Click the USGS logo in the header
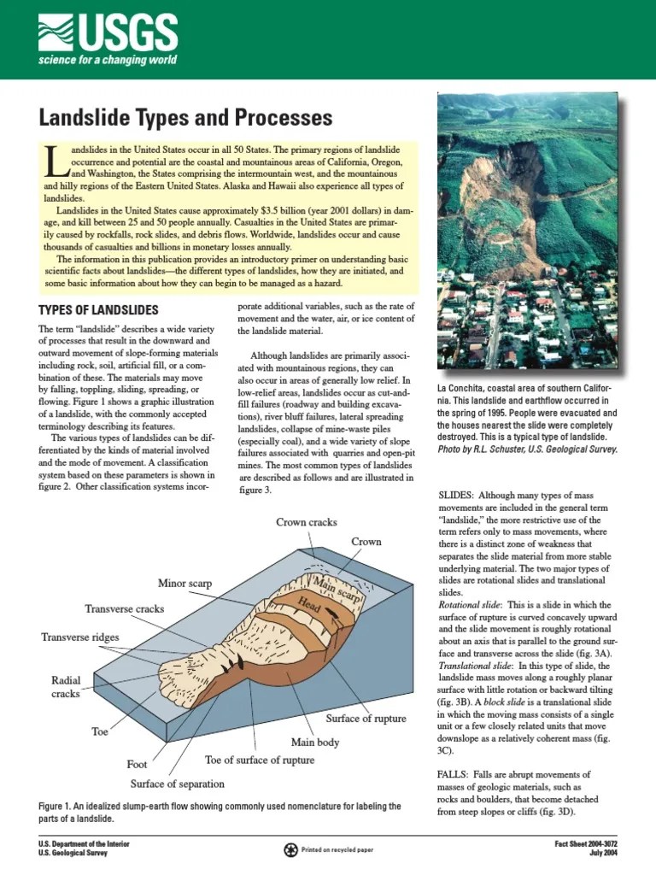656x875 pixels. [107, 38]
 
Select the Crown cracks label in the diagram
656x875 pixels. [306, 522]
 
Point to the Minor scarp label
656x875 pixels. [184, 584]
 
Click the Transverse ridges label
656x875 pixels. [80, 637]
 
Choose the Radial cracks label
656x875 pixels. [65, 687]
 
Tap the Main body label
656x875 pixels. [317, 742]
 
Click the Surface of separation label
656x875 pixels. [178, 784]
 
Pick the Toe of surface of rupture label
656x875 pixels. [260, 760]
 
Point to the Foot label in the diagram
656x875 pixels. [138, 764]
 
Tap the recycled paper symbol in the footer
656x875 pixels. [291, 849]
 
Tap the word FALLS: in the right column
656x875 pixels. [454, 774]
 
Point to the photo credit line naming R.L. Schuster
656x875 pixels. [527, 448]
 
